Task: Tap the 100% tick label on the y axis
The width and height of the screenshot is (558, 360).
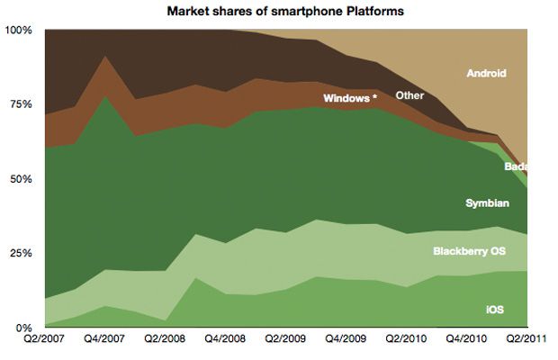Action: pyautogui.click(x=20, y=30)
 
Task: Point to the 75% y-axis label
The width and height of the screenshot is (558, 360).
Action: pyautogui.click(x=22, y=104)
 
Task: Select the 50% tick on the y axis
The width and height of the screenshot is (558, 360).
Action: pyautogui.click(x=22, y=179)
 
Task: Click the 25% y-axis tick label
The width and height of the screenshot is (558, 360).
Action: pyautogui.click(x=22, y=253)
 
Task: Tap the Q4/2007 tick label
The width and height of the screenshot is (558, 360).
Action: pyautogui.click(x=105, y=340)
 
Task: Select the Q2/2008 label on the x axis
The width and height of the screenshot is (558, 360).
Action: pyautogui.click(x=166, y=340)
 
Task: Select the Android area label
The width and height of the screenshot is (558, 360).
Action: pyautogui.click(x=487, y=73)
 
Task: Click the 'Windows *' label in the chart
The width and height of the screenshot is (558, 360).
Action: pyautogui.click(x=349, y=97)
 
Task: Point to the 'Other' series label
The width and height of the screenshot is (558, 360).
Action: pyautogui.click(x=410, y=94)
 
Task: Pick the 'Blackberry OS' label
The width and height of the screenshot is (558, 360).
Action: pyautogui.click(x=475, y=251)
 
